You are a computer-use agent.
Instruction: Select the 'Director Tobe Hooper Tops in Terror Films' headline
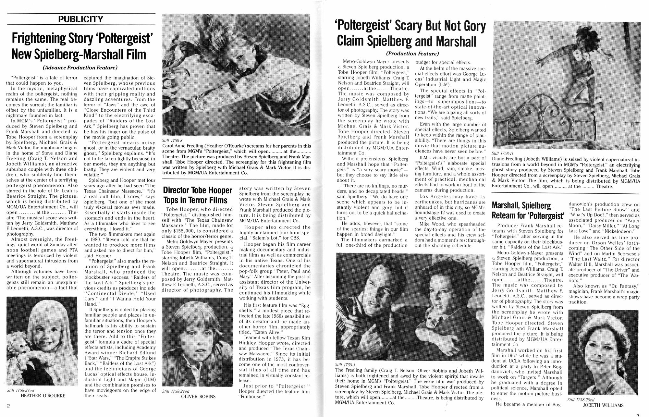198,195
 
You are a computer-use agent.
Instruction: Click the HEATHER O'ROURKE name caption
43,396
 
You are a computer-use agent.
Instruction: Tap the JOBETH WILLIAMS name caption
603,405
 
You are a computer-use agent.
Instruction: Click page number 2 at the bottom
8,406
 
